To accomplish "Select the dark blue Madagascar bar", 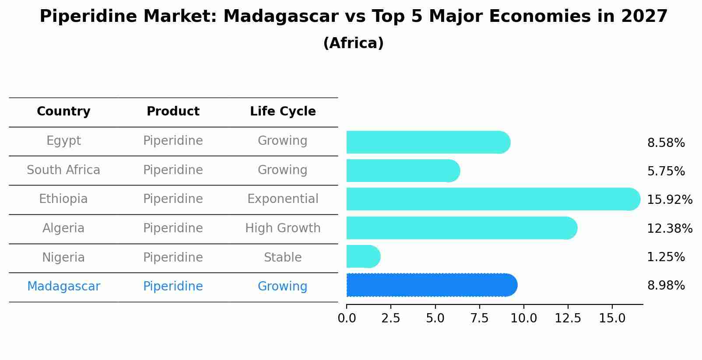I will [431, 285].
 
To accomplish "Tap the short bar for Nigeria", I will [363, 257].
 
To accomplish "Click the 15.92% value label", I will [669, 200].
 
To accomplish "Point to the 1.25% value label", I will [666, 257].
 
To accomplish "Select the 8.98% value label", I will [666, 286].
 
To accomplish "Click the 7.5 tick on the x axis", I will [479, 318].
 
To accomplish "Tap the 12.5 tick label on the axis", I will [568, 318].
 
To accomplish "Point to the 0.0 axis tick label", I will [347, 318].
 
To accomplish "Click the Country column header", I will [63, 112].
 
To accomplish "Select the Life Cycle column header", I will [283, 112].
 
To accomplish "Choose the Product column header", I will [173, 112].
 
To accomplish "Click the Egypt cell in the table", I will [63, 141].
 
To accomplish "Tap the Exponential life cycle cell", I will [283, 199].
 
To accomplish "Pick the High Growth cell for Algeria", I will [283, 228].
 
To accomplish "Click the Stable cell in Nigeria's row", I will [283, 258].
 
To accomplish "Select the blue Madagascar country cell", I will [63, 287].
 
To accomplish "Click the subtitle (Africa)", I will [353, 43].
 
